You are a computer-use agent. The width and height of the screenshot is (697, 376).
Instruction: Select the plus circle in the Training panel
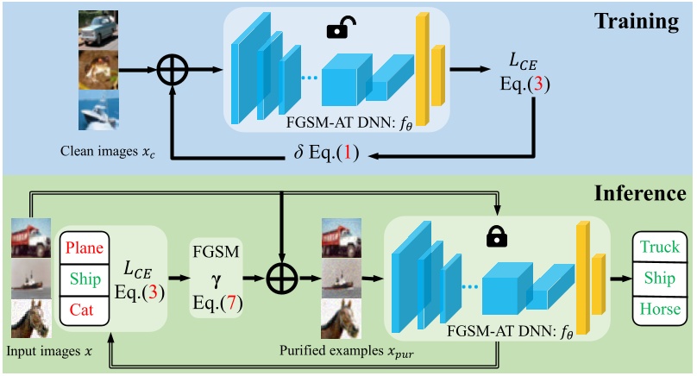tap(173, 72)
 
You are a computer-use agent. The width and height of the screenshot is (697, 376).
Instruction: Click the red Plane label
tap(85, 248)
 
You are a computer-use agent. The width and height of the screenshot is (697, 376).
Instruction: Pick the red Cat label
tap(85, 310)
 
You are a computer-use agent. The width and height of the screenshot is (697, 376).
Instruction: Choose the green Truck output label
tap(660, 247)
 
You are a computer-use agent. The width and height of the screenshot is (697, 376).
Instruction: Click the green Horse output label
tap(660, 309)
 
